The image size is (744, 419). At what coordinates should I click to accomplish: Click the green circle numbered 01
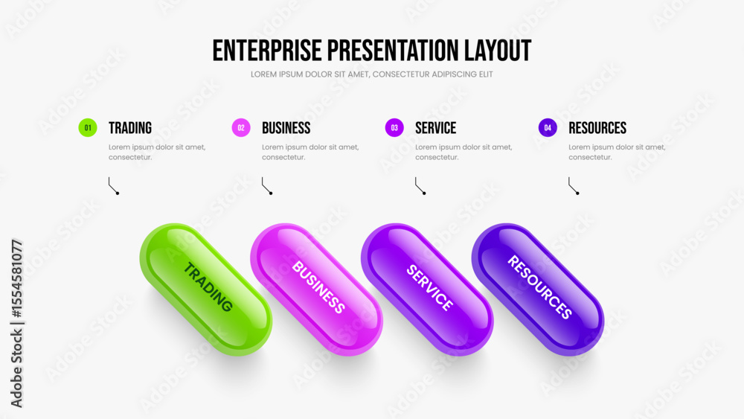tap(88, 128)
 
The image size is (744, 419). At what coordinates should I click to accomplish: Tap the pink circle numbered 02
tap(241, 128)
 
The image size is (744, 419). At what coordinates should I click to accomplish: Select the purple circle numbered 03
tap(394, 128)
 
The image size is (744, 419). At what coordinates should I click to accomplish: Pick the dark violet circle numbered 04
tap(548, 128)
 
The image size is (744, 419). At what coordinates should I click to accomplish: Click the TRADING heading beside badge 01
tap(130, 128)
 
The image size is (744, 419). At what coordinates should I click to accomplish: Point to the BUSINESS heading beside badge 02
tap(286, 128)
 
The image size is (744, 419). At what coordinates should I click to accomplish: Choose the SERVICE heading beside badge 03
tap(435, 128)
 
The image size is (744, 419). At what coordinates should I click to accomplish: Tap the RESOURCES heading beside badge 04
tap(597, 128)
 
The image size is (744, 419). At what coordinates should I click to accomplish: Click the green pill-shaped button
tap(206, 290)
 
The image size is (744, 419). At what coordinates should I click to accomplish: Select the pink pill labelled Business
tap(316, 290)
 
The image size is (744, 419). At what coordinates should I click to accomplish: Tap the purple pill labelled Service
tap(427, 290)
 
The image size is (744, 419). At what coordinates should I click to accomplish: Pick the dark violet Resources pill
tap(538, 290)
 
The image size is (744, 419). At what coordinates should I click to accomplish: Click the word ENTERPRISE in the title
tap(267, 51)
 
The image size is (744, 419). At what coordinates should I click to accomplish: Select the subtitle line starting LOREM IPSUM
tap(372, 74)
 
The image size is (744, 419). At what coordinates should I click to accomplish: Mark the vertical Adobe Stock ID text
tap(16, 324)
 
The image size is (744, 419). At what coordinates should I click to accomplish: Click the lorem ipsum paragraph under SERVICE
tap(464, 153)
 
